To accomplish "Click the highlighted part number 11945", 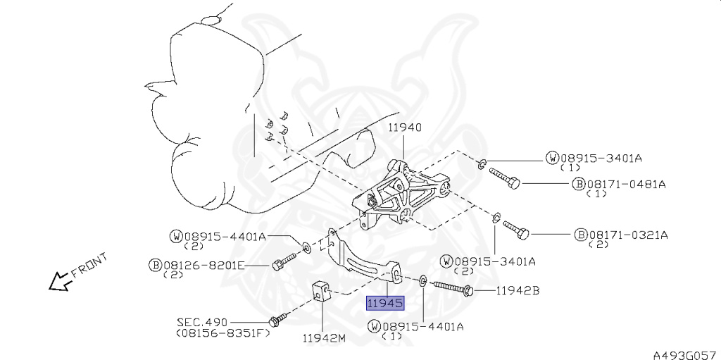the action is pos(385,304).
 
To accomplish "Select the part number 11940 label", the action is pos(405,128).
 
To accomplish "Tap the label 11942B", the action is pos(517,290).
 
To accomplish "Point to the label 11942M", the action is pos(324,338).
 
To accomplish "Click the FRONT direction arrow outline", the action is pos(60,281).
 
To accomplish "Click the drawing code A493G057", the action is pos(686,355).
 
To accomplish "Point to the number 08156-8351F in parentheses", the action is pos(223,333).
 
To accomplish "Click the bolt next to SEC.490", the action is pos(277,318).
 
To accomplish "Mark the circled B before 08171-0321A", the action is pos(581,235).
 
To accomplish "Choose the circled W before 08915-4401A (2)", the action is pos(177,237).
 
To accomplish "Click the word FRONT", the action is pos(89,265).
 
